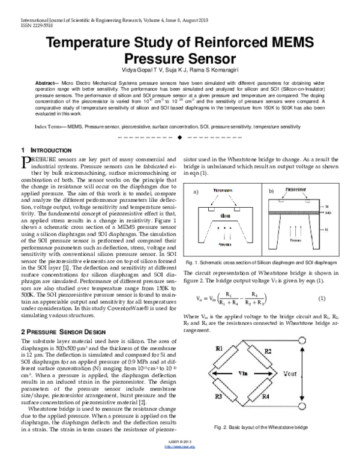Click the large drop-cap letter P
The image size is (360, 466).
click(x=25, y=161)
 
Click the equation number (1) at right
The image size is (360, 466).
click(x=321, y=298)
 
